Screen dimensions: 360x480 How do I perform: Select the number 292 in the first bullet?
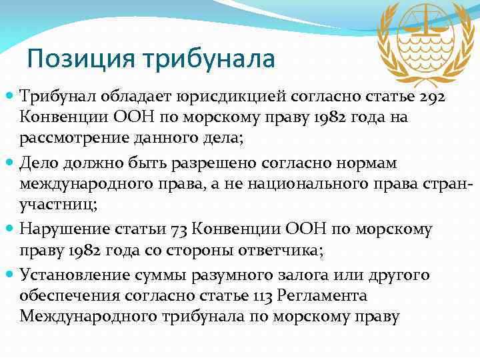tap(438, 98)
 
